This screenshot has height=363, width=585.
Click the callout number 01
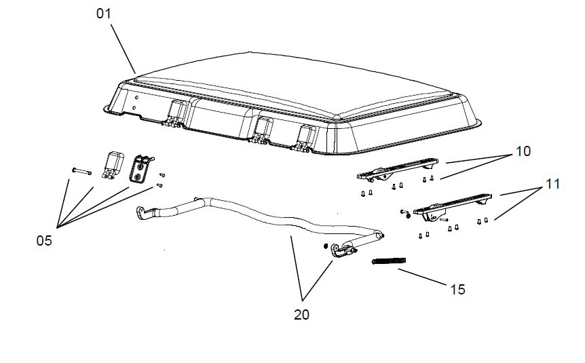click(104, 14)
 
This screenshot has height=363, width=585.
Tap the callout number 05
click(44, 241)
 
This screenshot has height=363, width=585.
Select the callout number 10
click(523, 151)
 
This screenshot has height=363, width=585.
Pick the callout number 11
click(553, 184)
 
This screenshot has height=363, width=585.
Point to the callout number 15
click(458, 290)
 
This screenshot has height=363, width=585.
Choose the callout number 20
click(301, 315)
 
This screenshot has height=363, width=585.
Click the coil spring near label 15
click(389, 261)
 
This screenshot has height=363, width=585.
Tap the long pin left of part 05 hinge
click(81, 171)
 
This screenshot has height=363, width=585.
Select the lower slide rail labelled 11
click(453, 206)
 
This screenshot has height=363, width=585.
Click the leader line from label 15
click(423, 278)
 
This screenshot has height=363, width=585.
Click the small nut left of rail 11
click(407, 216)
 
